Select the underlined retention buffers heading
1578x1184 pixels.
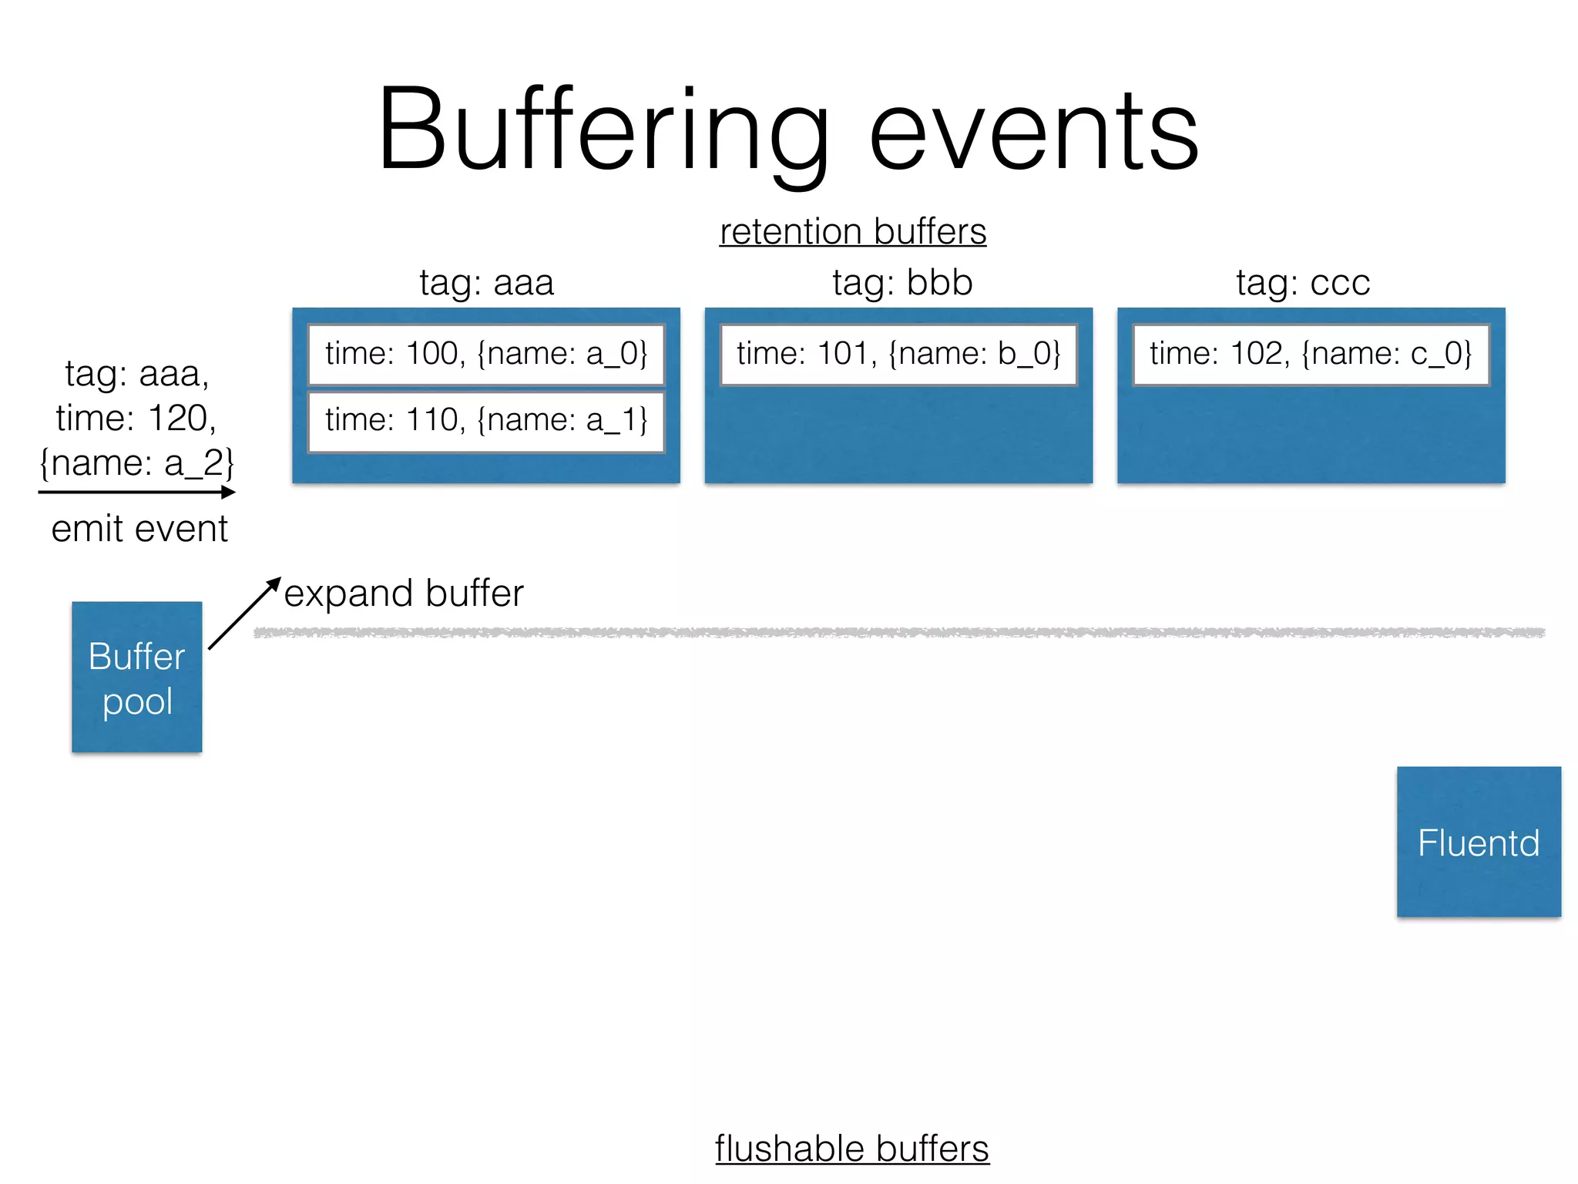852,231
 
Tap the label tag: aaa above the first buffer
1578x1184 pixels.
486,282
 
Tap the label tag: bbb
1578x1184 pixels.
902,282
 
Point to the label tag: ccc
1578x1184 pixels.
1303,282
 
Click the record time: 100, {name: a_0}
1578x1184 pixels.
486,354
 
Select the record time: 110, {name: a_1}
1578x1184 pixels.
486,421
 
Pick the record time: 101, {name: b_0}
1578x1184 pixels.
898,354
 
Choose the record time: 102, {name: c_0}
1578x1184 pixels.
1311,354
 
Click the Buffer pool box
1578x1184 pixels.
137,677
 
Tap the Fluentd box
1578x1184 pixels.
1479,842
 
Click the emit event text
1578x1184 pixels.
139,529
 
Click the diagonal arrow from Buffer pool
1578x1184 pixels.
243,614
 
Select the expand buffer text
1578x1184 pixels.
404,594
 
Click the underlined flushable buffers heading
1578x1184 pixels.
851,1149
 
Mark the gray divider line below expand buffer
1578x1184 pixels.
898,633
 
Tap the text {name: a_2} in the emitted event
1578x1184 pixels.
136,463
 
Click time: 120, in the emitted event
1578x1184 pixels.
136,419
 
